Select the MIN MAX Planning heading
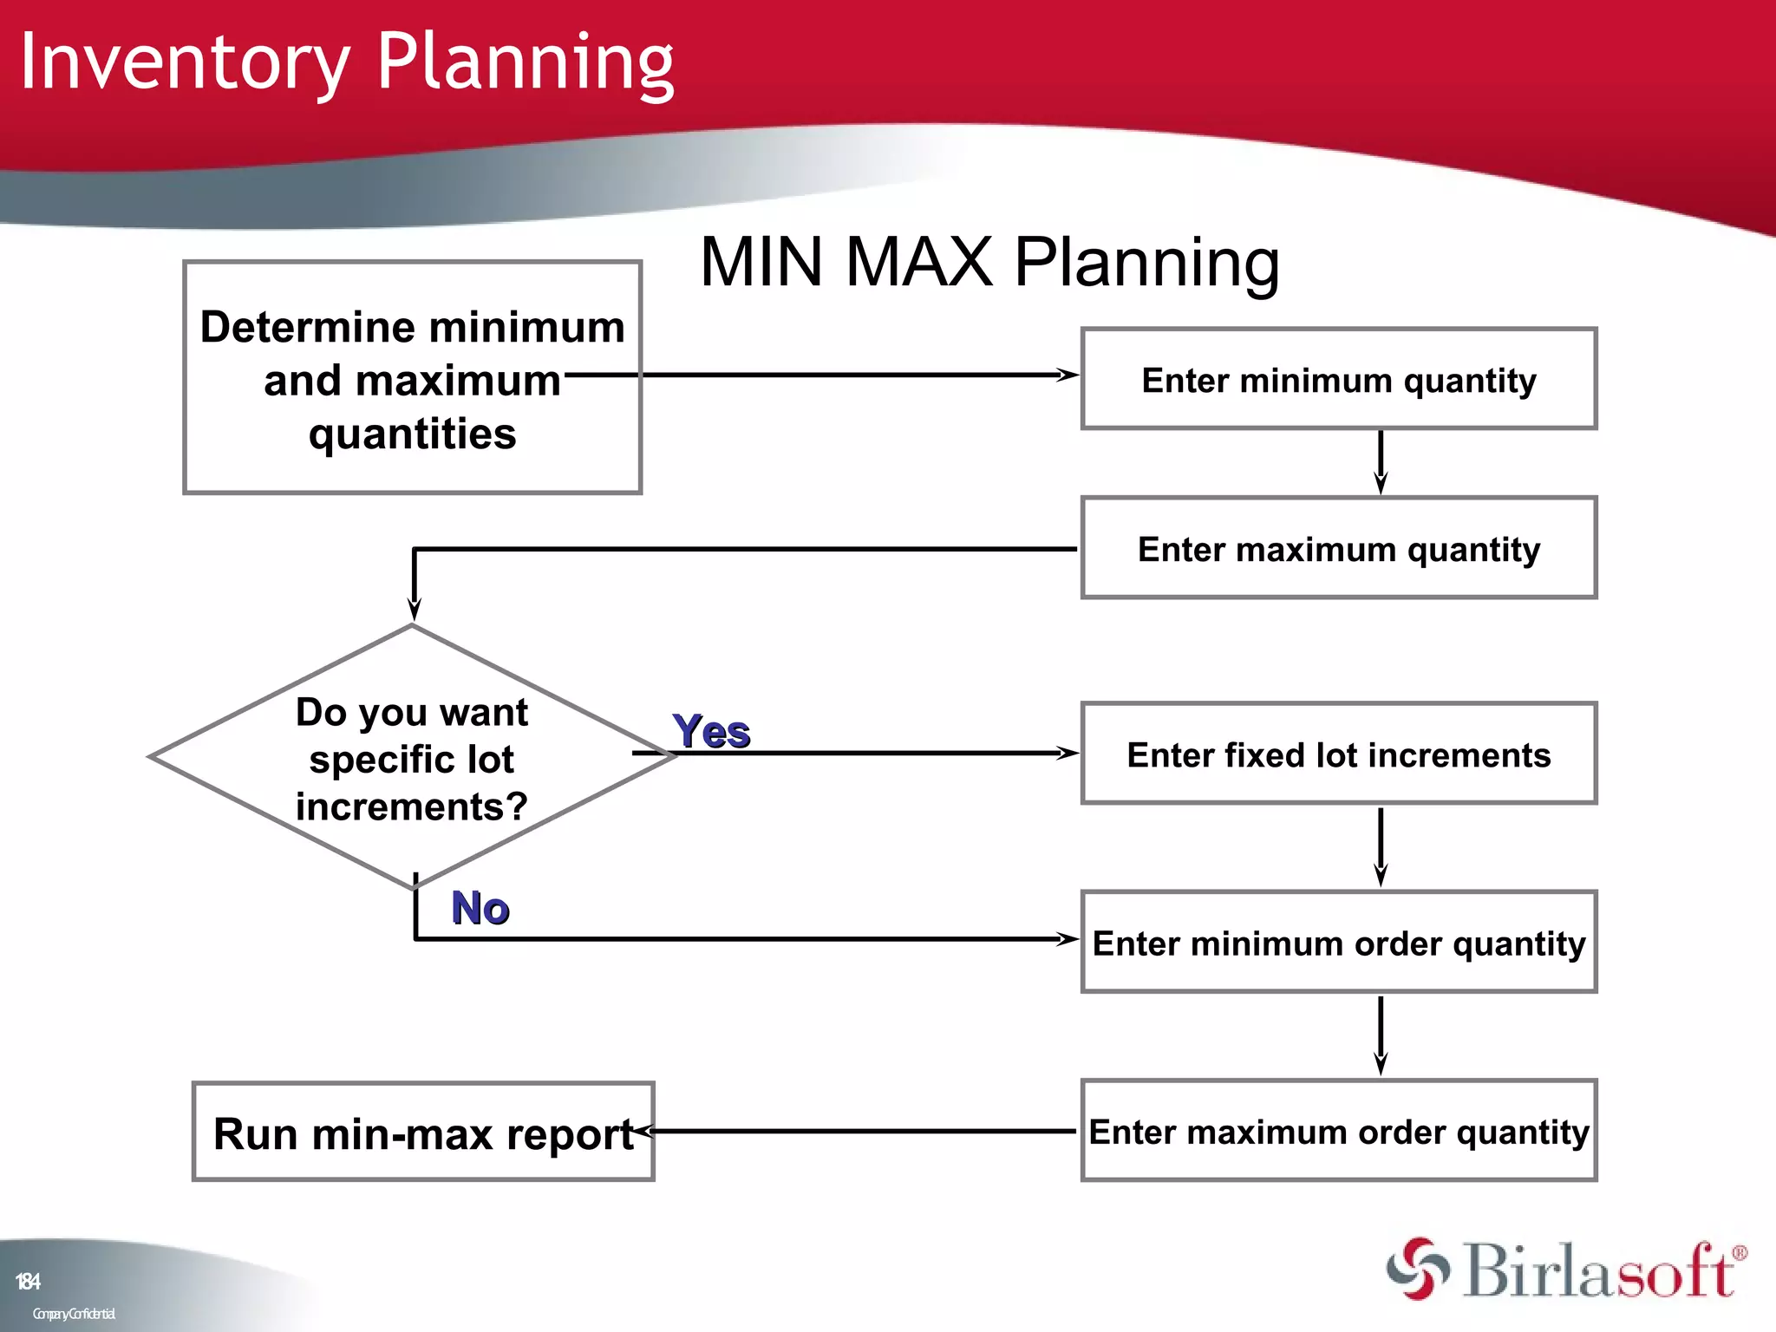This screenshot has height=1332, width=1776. pos(989,262)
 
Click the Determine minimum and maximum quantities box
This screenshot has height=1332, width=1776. pos(412,378)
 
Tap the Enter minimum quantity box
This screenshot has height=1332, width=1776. pos(1338,379)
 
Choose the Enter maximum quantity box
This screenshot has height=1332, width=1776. pos(1338,548)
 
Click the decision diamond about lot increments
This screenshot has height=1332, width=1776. pos(411,757)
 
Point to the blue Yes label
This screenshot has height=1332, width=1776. pos(710,731)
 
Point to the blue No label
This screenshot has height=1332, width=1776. pos(480,908)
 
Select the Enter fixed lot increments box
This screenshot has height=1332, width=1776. pos(1338,754)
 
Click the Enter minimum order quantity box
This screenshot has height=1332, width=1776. pos(1338,942)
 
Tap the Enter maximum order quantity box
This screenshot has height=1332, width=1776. pos(1338,1131)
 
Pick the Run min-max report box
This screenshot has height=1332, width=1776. pos(422,1133)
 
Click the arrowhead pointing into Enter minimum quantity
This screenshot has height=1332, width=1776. pos(1068,375)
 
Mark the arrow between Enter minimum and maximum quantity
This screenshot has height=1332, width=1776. pos(1381,462)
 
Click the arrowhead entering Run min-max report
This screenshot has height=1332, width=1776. pos(646,1131)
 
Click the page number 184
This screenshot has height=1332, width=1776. pos(28,1281)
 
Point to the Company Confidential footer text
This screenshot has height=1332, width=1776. pos(74,1314)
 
